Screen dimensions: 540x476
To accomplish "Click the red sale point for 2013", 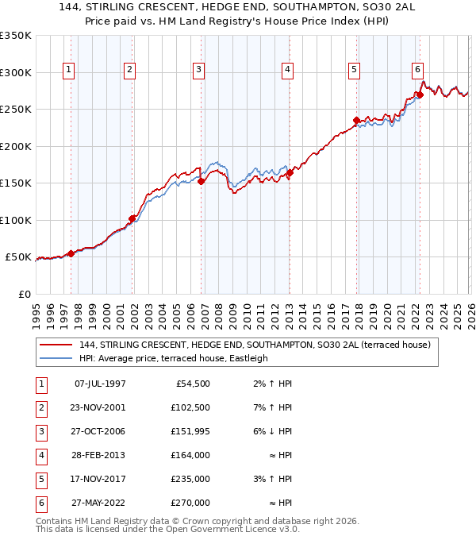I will point(290,173).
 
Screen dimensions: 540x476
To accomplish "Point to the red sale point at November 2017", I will point(356,121).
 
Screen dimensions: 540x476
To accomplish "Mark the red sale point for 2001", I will point(132,218).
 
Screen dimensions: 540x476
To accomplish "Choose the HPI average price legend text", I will point(174,358).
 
